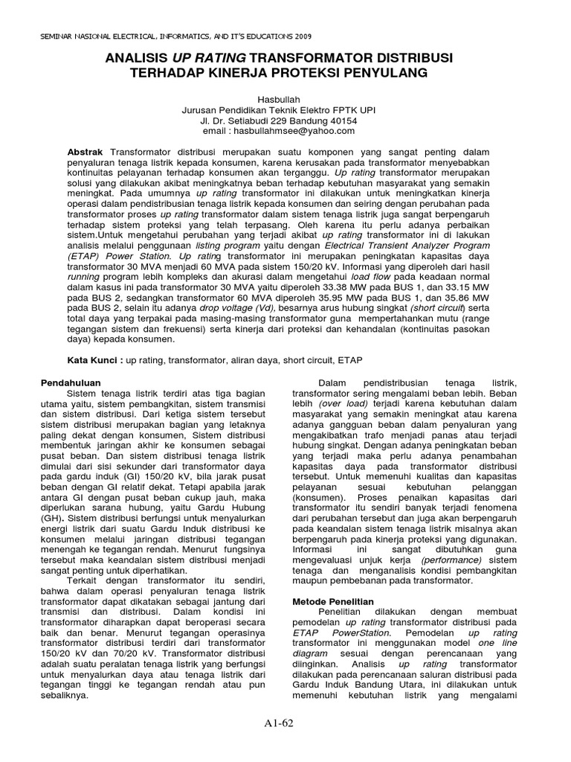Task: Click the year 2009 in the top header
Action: coord(302,36)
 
